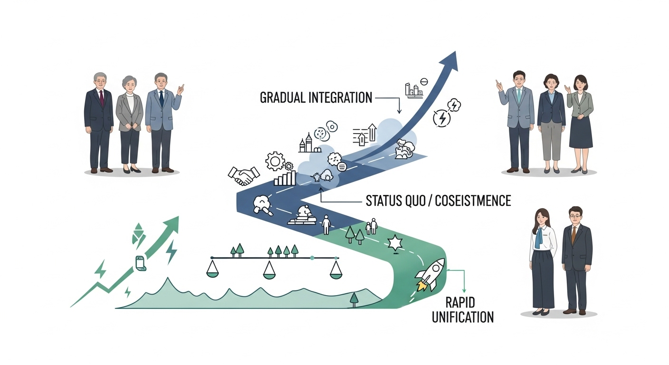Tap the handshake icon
244,175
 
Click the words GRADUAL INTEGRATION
316,98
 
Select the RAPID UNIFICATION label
462,310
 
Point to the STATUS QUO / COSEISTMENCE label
438,201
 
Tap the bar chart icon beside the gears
285,179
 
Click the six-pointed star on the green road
395,244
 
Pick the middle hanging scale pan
269,271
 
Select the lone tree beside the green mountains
354,299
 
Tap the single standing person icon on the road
326,225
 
